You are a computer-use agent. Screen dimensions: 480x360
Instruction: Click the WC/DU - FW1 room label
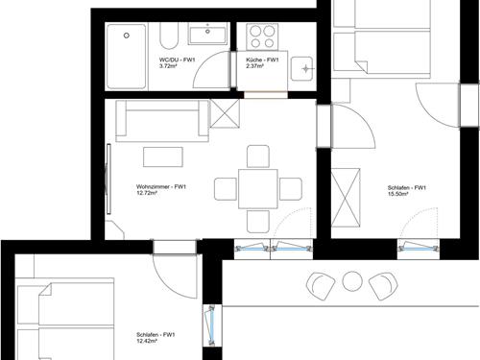pyautogui.click(x=177, y=60)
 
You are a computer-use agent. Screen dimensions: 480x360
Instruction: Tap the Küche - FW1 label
pyautogui.click(x=262, y=60)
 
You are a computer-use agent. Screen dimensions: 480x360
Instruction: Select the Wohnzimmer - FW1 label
pyautogui.click(x=161, y=187)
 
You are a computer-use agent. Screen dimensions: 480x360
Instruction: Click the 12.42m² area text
pyautogui.click(x=147, y=341)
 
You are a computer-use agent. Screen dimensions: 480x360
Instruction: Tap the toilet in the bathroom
pyautogui.click(x=169, y=36)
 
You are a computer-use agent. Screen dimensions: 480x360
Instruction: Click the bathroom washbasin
pyautogui.click(x=207, y=34)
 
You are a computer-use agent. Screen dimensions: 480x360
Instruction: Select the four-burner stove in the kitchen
pyautogui.click(x=262, y=36)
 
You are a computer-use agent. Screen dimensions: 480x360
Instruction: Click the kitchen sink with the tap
pyautogui.click(x=301, y=68)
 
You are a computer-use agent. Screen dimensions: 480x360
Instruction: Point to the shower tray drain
pyautogui.click(x=127, y=36)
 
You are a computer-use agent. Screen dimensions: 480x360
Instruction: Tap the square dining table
pyautogui.click(x=258, y=189)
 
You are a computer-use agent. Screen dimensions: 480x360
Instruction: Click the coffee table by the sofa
pyautogui.click(x=163, y=156)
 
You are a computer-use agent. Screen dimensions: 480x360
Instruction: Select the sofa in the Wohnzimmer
pyautogui.click(x=162, y=121)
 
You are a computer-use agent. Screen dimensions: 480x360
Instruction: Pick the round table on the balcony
pyautogui.click(x=352, y=281)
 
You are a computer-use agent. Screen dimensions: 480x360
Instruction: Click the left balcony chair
pyautogui.click(x=321, y=286)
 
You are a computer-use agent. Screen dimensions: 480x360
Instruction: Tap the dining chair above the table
pyautogui.click(x=258, y=156)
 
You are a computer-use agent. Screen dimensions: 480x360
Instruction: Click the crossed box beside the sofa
pyautogui.click(x=225, y=113)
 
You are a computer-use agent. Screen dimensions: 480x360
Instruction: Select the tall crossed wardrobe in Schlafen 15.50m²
pyautogui.click(x=346, y=198)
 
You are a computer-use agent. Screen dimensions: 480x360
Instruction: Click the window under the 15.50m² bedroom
pyautogui.click(x=419, y=249)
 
